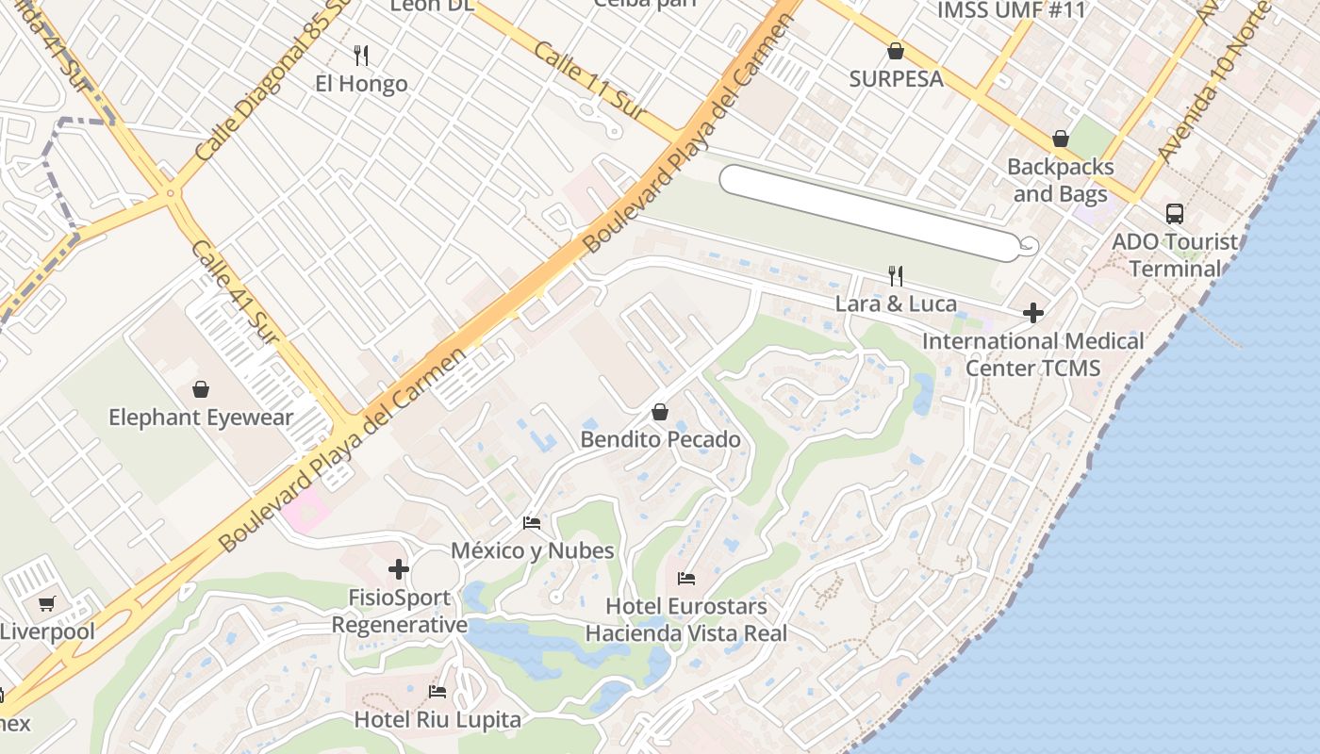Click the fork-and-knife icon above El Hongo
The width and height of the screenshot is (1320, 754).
[x=361, y=55]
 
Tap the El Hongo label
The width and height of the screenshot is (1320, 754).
[x=361, y=84]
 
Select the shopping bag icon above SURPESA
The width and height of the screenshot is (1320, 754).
[x=896, y=51]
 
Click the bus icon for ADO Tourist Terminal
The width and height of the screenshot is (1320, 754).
[x=1174, y=214]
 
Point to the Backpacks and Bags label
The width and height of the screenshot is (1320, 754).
[x=1060, y=180]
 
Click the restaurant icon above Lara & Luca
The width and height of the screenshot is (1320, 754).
[x=896, y=275]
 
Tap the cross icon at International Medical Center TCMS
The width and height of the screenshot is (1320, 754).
[x=1033, y=312]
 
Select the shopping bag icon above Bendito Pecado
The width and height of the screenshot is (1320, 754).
[x=660, y=412]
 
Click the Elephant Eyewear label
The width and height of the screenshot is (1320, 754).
[x=201, y=418]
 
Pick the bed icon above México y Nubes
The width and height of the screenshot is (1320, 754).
[x=532, y=522]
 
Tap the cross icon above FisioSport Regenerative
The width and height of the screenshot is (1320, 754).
[x=399, y=569]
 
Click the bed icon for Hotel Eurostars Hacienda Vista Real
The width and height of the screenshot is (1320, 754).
[x=686, y=578]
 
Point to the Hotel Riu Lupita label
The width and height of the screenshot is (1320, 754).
[x=437, y=720]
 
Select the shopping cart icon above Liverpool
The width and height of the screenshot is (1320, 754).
[x=47, y=603]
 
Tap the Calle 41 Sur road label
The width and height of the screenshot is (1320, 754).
[x=235, y=291]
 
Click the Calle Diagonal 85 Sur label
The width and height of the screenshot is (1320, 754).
[x=268, y=90]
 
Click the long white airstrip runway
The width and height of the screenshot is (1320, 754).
[x=867, y=212]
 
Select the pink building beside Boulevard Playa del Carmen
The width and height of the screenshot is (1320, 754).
[x=306, y=512]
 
